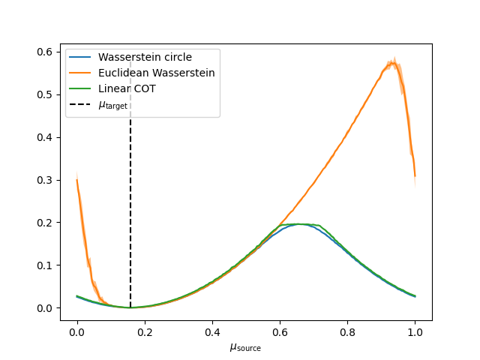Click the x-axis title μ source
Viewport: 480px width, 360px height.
245,347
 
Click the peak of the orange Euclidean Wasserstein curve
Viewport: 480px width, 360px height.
392,63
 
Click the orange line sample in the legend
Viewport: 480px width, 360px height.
82,73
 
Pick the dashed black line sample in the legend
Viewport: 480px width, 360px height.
82,104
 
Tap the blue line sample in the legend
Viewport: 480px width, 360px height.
82,57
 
